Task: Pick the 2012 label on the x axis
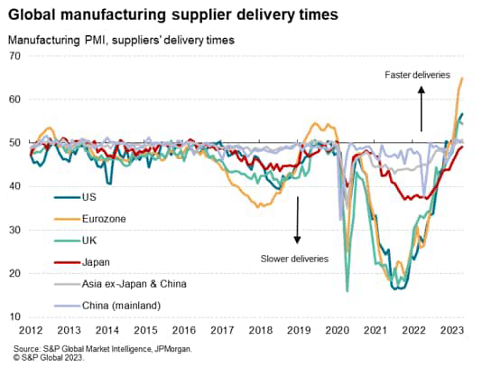point(31,331)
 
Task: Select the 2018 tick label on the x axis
point(262,331)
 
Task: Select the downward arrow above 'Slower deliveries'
point(295,222)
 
